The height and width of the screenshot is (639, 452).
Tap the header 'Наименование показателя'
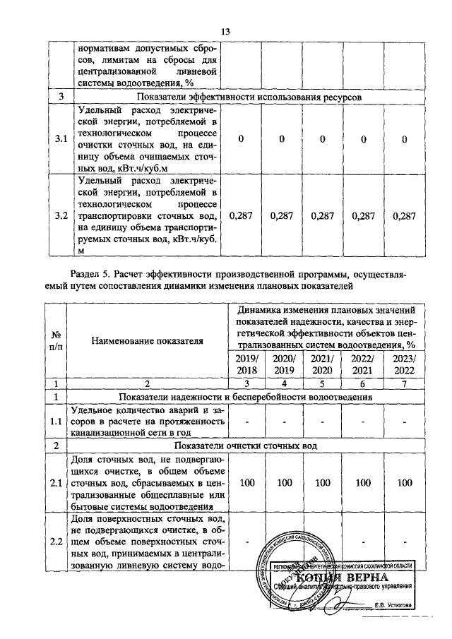tap(147, 341)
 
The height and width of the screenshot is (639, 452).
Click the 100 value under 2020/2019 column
tap(282, 482)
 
